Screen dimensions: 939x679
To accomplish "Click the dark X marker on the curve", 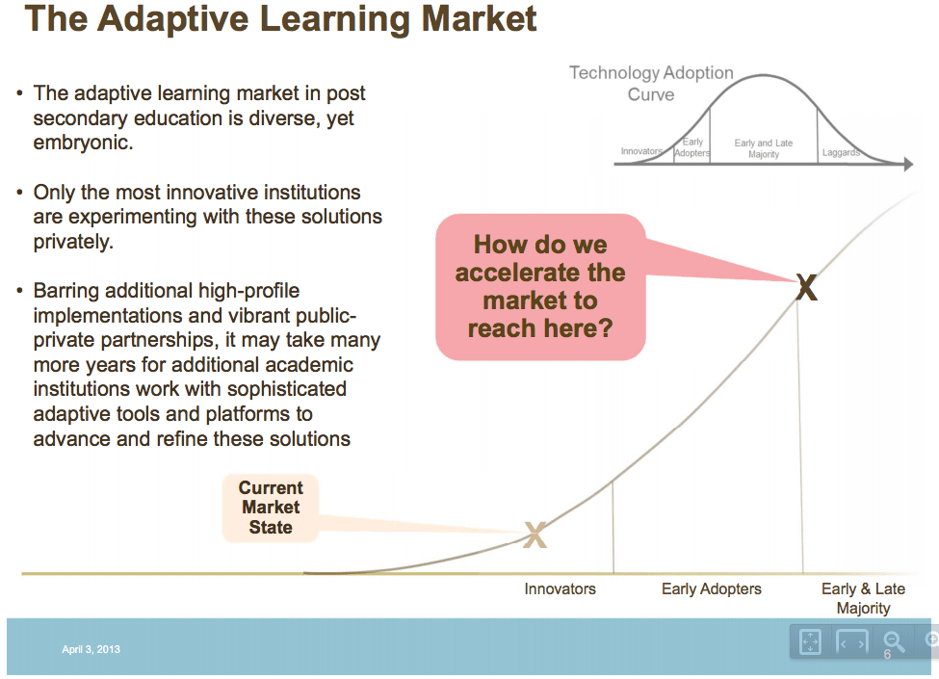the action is coord(807,287).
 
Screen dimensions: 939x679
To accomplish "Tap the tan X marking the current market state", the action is coord(535,535).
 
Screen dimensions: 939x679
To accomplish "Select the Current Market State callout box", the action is coord(271,508).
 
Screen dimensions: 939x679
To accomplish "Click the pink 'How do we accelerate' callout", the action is coord(540,287).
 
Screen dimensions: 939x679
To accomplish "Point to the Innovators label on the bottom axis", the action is coord(560,589).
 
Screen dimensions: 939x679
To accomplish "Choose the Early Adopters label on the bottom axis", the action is coord(712,589).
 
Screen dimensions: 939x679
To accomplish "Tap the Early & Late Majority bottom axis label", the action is coord(863,598).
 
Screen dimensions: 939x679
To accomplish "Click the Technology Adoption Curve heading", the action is coord(651,83).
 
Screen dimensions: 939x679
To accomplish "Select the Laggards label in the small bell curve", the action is coord(841,153).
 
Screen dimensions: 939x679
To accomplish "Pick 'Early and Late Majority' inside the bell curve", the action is coord(764,148).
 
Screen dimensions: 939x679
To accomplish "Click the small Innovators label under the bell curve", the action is coord(641,151).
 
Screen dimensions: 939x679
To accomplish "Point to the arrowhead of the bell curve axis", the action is coord(909,164).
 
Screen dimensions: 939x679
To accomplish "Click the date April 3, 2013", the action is coord(91,649).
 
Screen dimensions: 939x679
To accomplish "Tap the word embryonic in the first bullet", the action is coord(83,143).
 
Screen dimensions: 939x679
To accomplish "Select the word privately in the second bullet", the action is coord(73,242).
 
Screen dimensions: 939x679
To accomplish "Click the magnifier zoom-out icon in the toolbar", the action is coord(894,640).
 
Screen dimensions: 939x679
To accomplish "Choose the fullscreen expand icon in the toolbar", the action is coord(810,641).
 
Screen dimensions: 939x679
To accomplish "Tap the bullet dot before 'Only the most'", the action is coord(20,193).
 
